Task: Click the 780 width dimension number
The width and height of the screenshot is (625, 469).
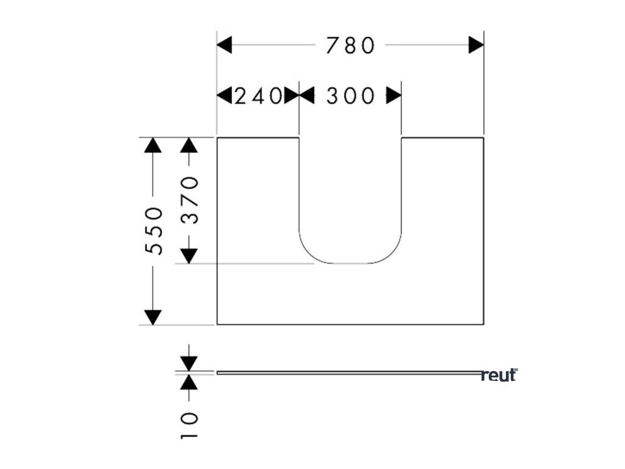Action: click(x=349, y=45)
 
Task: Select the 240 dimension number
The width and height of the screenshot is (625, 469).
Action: click(x=258, y=96)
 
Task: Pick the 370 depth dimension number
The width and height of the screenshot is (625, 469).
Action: click(x=190, y=200)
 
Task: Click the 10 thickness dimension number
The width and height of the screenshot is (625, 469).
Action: click(x=190, y=426)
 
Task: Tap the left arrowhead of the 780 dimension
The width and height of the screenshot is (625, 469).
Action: click(x=225, y=45)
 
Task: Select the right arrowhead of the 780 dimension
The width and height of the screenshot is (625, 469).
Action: click(x=476, y=45)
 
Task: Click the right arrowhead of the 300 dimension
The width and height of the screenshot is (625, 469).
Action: click(x=394, y=96)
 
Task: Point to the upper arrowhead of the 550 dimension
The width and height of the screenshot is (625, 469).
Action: click(x=153, y=145)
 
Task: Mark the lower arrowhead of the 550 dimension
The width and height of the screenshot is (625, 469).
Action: click(x=153, y=317)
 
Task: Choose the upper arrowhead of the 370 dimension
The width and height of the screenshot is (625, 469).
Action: click(x=190, y=145)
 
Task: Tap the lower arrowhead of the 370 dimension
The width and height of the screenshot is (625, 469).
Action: click(x=190, y=256)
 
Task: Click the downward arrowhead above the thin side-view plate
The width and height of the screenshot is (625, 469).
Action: click(x=190, y=363)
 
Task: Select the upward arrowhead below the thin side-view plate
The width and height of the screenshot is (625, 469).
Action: click(x=190, y=382)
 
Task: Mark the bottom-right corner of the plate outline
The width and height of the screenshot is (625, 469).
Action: click(x=483, y=324)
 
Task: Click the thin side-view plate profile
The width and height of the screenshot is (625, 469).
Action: click(x=348, y=372)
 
